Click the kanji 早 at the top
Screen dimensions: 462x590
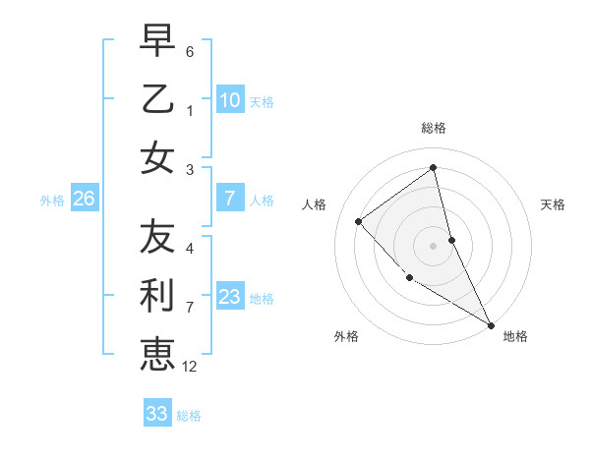click(x=157, y=41)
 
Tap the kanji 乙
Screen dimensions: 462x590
click(x=157, y=98)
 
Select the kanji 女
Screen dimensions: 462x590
click(x=157, y=157)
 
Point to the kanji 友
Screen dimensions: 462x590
click(x=157, y=236)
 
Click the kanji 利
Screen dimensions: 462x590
click(x=157, y=295)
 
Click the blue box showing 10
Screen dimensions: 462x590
click(x=230, y=100)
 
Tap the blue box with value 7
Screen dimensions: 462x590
click(x=230, y=200)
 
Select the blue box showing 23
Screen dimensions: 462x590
click(x=230, y=298)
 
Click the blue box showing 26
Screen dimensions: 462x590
click(x=84, y=200)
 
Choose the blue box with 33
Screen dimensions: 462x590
click(x=157, y=414)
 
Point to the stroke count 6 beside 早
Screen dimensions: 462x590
click(x=190, y=50)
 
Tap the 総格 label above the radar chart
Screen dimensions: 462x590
click(x=433, y=128)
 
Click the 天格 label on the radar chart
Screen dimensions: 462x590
click(x=553, y=204)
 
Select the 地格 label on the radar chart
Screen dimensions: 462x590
click(x=515, y=336)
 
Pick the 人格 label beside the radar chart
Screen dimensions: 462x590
click(x=315, y=204)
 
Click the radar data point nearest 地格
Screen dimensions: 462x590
click(x=491, y=324)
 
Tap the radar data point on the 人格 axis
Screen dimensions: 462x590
click(x=359, y=221)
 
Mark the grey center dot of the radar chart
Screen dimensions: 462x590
click(x=433, y=245)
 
